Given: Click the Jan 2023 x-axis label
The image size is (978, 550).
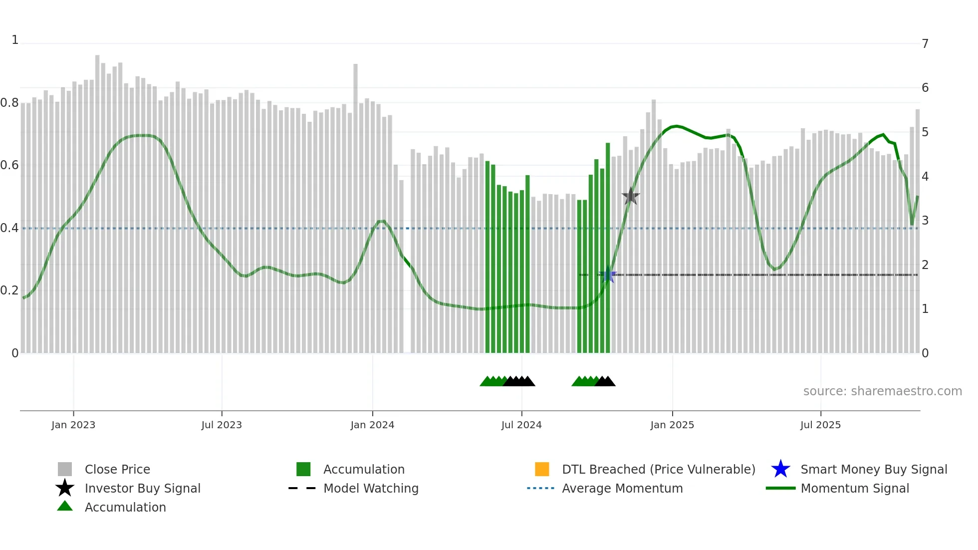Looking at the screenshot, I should pyautogui.click(x=73, y=425).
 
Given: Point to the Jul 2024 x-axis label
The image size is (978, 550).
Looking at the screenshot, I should pyautogui.click(x=521, y=425).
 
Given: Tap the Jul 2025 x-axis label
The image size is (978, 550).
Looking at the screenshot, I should pyautogui.click(x=820, y=425).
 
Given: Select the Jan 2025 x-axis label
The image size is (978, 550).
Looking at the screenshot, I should pyautogui.click(x=672, y=425).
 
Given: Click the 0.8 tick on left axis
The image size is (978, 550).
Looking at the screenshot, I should pyautogui.click(x=9, y=103).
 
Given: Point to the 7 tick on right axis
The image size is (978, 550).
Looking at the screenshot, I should pyautogui.click(x=925, y=44).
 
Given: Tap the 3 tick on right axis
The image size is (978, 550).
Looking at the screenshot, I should pyautogui.click(x=925, y=221).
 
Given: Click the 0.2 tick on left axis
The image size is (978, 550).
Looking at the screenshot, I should pyautogui.click(x=9, y=290).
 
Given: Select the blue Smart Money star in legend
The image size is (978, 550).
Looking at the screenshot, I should pyautogui.click(x=780, y=469).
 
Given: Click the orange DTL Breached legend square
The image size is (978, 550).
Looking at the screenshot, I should pyautogui.click(x=542, y=469).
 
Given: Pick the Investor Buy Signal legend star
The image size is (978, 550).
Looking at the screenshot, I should pyautogui.click(x=65, y=488).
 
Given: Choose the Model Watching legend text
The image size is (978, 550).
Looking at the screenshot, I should pyautogui.click(x=371, y=488).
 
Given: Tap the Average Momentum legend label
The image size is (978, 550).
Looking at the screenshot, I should pyautogui.click(x=622, y=488).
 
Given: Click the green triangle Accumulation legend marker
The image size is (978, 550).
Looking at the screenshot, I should pyautogui.click(x=65, y=506).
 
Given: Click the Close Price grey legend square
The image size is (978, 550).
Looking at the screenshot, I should pyautogui.click(x=65, y=469).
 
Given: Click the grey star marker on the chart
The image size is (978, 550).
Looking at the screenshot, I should pyautogui.click(x=631, y=197).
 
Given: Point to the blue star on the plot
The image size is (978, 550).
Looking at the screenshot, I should pyautogui.click(x=608, y=275).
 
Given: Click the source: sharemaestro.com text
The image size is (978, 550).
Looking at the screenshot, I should pyautogui.click(x=882, y=391).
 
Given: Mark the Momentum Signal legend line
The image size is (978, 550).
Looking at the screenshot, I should pyautogui.click(x=780, y=488).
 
